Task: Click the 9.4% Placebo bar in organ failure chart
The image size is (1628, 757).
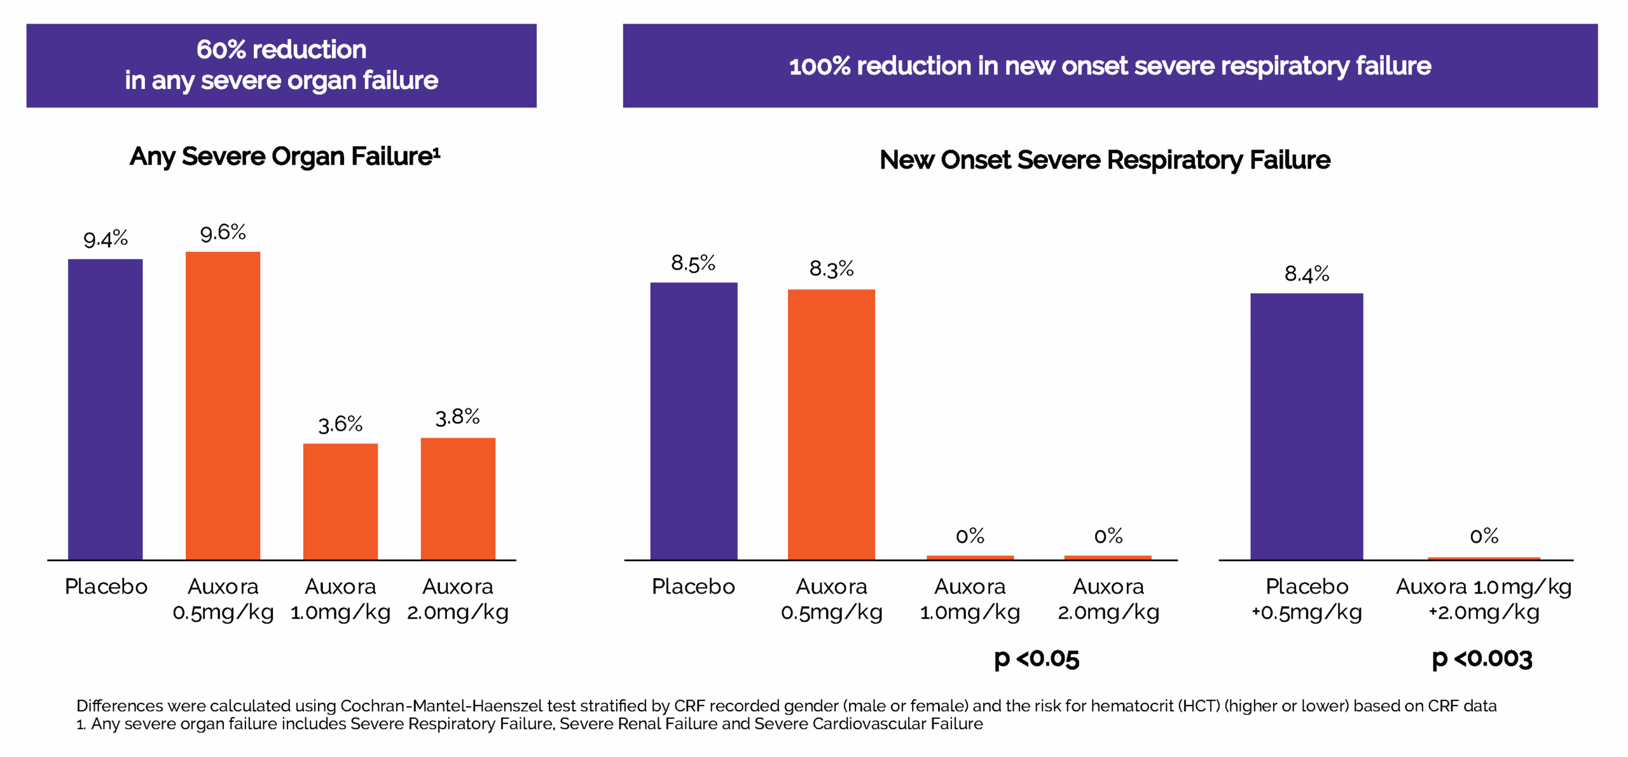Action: click(x=106, y=409)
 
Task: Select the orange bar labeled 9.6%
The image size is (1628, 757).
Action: click(x=223, y=405)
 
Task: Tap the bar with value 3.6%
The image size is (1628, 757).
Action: click(x=340, y=501)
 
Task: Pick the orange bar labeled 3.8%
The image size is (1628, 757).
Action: click(x=458, y=499)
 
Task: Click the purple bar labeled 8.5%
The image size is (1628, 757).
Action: click(x=693, y=420)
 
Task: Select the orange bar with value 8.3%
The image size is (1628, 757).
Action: click(x=831, y=424)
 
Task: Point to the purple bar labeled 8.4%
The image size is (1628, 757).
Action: click(x=1306, y=426)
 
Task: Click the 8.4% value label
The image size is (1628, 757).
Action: click(x=1306, y=274)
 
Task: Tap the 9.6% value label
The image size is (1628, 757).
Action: click(x=223, y=233)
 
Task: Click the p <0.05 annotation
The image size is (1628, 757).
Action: click(x=1037, y=659)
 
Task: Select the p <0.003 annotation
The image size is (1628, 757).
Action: click(x=1482, y=659)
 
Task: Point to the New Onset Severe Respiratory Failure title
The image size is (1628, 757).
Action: click(x=1105, y=160)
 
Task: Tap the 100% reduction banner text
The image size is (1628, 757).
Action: click(x=1110, y=66)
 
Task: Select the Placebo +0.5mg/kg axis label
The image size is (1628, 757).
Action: click(x=1306, y=599)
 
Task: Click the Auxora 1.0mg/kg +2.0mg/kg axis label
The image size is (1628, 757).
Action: click(x=1483, y=599)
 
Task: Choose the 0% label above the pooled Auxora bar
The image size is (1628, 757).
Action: click(x=1484, y=536)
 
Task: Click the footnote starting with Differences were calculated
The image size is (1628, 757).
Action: click(x=786, y=706)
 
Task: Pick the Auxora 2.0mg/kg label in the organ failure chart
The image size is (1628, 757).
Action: click(x=458, y=599)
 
